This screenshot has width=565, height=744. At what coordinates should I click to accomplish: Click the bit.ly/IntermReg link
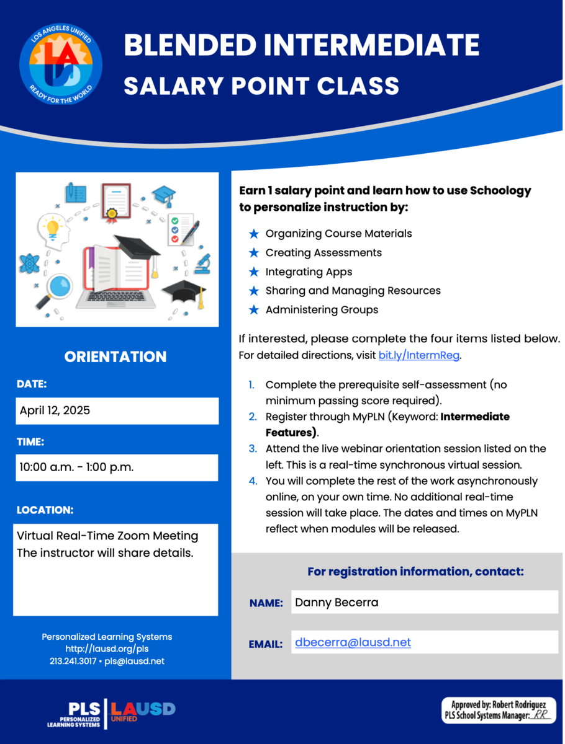[x=419, y=356]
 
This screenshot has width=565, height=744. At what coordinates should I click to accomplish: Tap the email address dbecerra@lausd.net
[x=353, y=642]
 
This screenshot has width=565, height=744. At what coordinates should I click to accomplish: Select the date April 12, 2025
[x=55, y=410]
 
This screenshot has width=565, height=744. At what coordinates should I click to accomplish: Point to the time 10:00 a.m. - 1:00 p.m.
[x=76, y=467]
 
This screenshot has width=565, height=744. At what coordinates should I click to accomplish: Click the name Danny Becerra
[x=337, y=602]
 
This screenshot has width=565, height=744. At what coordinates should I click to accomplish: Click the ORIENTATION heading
[x=115, y=356]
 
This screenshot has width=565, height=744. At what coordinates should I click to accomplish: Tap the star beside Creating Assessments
[x=253, y=253]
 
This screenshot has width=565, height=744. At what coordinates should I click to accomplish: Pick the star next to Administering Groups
[x=253, y=309]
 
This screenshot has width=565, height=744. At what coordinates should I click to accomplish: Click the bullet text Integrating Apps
[x=309, y=272]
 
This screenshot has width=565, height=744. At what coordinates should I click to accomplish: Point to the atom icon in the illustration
[x=29, y=263]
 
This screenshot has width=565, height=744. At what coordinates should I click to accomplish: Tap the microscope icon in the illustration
[x=202, y=263]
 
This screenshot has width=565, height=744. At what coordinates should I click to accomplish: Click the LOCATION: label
[x=45, y=510]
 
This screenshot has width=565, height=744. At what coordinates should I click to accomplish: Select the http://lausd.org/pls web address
[x=107, y=649]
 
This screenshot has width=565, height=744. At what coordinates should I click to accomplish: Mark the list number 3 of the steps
[x=253, y=448]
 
